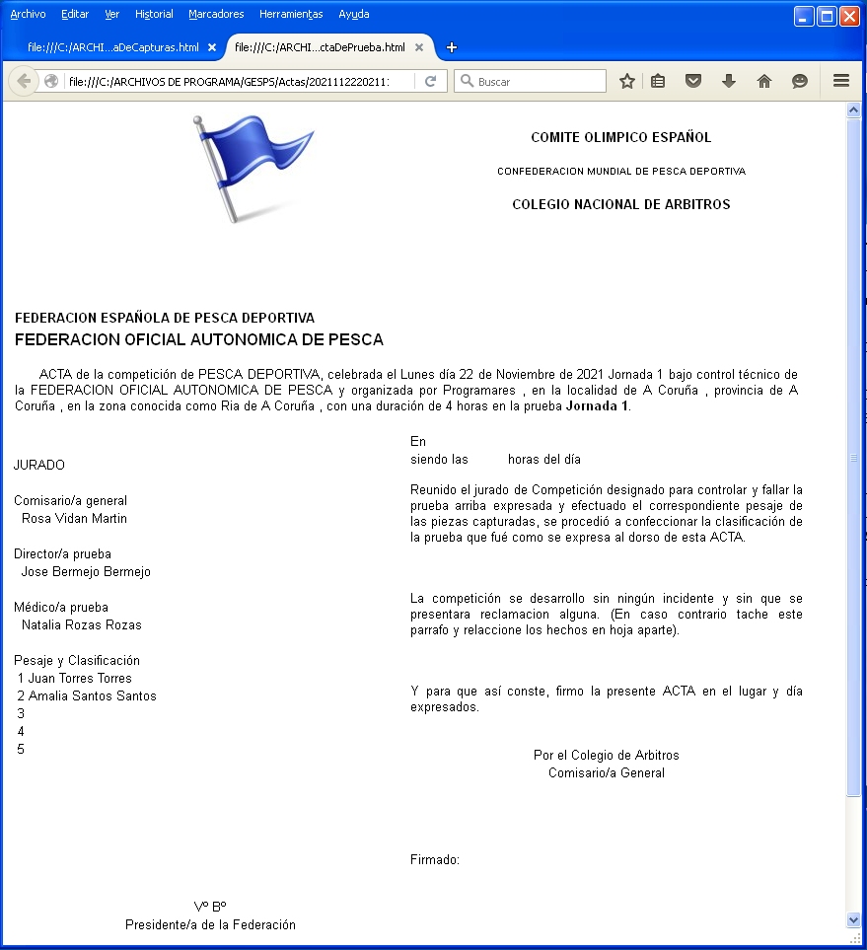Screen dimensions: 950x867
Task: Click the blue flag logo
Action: [x=253, y=166]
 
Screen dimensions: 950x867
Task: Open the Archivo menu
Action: [x=28, y=14]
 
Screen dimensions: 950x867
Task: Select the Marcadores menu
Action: [x=216, y=14]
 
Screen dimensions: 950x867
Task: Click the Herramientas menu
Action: [x=291, y=14]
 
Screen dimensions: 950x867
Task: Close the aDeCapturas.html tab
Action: [x=212, y=47]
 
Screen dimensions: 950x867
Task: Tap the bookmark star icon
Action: [x=627, y=81]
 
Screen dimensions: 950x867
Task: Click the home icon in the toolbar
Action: [x=763, y=81]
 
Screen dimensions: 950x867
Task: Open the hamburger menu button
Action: [x=841, y=81]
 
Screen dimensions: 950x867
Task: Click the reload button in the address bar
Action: [x=430, y=81]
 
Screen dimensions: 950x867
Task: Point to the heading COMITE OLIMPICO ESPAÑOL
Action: [x=620, y=137]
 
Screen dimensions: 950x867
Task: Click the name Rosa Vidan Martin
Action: [x=74, y=518]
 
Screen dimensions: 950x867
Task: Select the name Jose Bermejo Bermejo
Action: [x=86, y=571]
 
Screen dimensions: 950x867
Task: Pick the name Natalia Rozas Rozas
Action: [x=81, y=624]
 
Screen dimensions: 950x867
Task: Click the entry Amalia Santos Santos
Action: [x=92, y=695]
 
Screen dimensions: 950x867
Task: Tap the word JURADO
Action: [x=39, y=465]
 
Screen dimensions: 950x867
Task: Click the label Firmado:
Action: [x=435, y=860]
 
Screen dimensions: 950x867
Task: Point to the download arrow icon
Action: [x=729, y=81]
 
